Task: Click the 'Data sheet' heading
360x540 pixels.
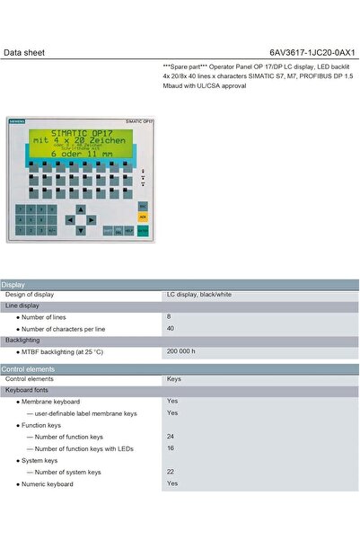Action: (x=24, y=52)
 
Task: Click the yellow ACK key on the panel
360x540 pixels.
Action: (x=142, y=217)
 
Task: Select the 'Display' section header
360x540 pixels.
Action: (x=14, y=285)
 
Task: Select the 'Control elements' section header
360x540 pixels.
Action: (x=27, y=368)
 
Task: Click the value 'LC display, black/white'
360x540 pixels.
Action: (x=199, y=295)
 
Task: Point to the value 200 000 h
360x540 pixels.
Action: (x=180, y=351)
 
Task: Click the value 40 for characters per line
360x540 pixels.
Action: (x=171, y=328)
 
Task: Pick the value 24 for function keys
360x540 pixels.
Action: (x=171, y=436)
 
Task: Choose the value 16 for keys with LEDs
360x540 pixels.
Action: (x=171, y=447)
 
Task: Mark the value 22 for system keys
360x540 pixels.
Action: (x=171, y=472)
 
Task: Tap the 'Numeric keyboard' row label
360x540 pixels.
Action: (x=48, y=483)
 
